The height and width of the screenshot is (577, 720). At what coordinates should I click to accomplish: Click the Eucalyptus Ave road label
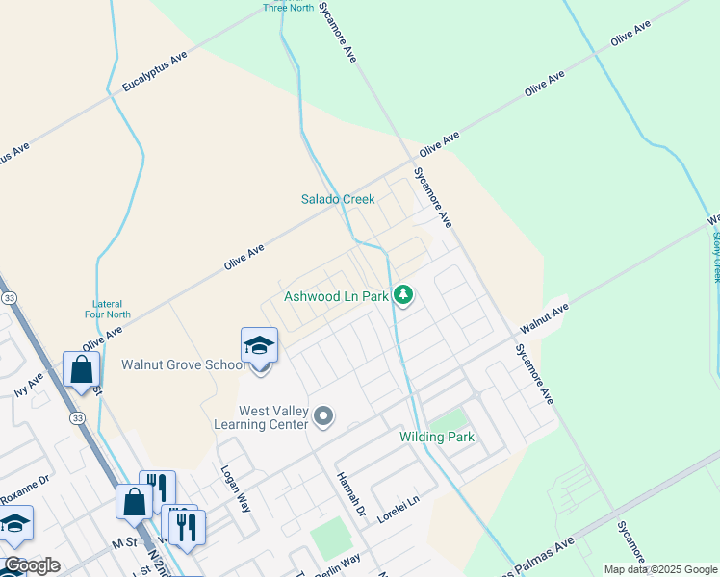click(154, 73)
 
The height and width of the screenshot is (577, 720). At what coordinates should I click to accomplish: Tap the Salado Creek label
click(336, 199)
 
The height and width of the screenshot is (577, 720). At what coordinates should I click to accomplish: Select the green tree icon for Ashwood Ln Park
click(404, 295)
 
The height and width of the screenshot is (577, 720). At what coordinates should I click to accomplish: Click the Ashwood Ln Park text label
click(336, 296)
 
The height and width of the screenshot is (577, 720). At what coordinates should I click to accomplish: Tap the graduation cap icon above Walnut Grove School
click(259, 345)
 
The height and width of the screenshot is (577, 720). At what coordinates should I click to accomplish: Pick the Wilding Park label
click(437, 438)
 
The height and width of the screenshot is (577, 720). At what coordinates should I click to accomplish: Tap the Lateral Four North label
click(106, 309)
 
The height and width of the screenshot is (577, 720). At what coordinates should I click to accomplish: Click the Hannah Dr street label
click(351, 493)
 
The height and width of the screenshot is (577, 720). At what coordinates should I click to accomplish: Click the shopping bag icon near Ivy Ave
click(81, 369)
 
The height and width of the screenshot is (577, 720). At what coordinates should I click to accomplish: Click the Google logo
click(33, 565)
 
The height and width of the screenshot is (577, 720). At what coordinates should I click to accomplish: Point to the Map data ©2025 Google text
click(659, 569)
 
